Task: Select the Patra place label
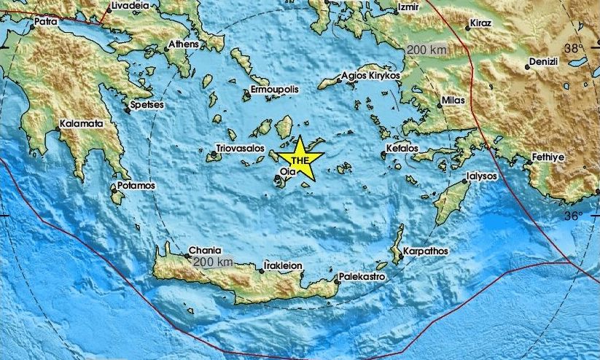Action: coord(45,23)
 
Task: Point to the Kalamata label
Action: coord(82,124)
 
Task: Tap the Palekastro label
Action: coord(363,277)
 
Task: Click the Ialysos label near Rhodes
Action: coord(483,176)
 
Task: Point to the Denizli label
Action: coord(543,62)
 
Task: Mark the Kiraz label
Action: coord(482,23)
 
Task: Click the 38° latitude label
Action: coord(573,48)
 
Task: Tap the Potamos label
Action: coord(138,186)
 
